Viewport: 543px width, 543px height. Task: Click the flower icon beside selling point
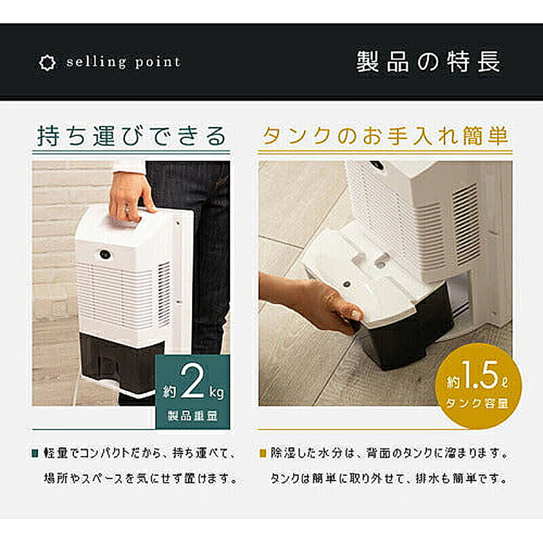tap(47, 63)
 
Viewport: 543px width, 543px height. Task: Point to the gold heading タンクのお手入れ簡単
tap(385, 136)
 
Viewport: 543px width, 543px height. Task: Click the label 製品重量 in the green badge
tap(193, 415)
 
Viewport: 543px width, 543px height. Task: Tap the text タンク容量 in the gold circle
tap(477, 403)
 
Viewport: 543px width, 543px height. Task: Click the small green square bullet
tap(35, 453)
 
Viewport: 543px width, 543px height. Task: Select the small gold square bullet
tap(262, 453)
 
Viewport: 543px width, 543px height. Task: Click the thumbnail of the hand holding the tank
tap(385, 284)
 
